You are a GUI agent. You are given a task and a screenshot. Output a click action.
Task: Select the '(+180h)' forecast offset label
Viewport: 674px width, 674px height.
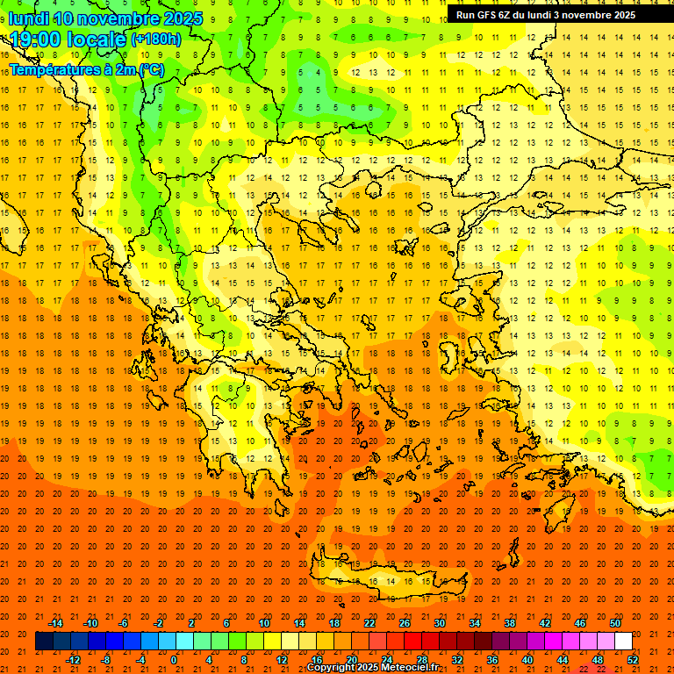155,39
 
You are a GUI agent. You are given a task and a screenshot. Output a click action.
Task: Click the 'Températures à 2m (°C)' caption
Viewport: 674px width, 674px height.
86,69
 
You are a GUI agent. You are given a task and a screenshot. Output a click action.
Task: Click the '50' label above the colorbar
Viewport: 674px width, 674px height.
615,623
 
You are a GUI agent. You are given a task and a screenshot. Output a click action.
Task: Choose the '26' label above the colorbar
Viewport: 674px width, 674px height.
405,623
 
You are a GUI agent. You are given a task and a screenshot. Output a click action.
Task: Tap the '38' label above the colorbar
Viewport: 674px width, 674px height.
510,623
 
